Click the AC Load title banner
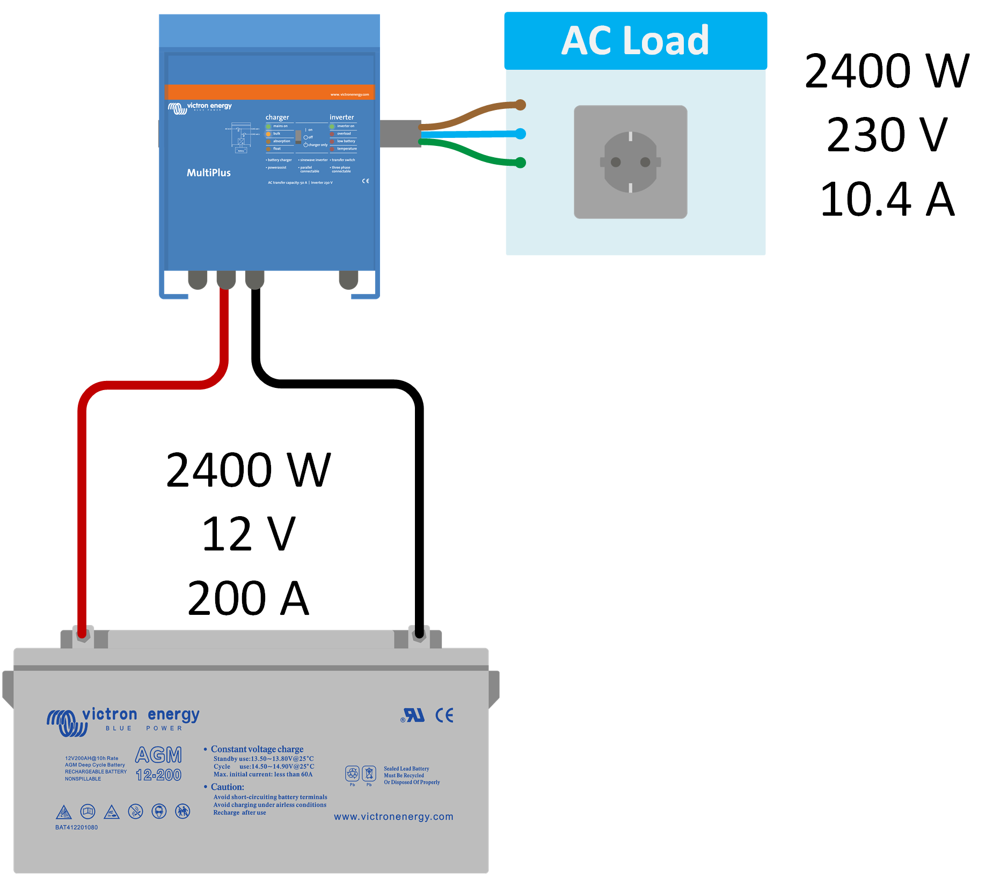pos(635,41)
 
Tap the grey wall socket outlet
pos(630,162)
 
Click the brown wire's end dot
pos(520,105)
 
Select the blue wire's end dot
pos(520,134)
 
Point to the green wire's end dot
pos(520,163)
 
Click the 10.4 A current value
pos(887,200)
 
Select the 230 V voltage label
pos(887,135)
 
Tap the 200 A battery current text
pos(248,598)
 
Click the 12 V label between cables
pos(248,534)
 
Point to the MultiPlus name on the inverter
pos(208,173)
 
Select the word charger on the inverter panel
pos(277,117)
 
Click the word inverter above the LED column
pos(341,117)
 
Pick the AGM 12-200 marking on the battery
pos(158,764)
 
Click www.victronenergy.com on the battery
pos(393,817)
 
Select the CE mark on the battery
pos(444,715)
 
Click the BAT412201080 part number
pos(76,827)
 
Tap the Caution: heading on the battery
pos(227,787)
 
